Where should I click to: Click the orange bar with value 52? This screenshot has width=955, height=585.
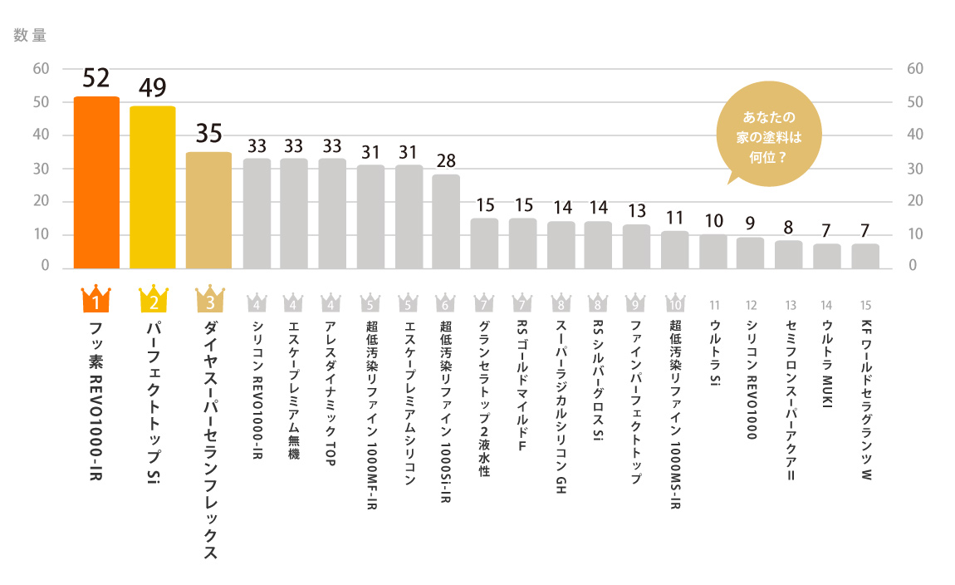(96, 182)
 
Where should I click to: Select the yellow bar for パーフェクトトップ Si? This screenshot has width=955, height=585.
(153, 187)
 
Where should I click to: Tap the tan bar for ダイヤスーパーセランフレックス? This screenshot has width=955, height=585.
(208, 210)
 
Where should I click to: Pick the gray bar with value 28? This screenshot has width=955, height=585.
(446, 221)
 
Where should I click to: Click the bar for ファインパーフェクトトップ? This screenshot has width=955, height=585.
(636, 246)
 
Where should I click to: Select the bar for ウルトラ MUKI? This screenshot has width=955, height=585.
(826, 256)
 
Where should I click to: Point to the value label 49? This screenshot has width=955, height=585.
(153, 87)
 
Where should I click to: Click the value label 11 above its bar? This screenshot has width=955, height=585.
(674, 218)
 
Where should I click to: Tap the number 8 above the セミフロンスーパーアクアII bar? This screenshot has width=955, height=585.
(788, 227)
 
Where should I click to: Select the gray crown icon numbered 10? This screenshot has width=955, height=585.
(674, 302)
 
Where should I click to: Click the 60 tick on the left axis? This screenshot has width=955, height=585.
(41, 69)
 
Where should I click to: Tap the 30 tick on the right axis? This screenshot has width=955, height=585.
(915, 169)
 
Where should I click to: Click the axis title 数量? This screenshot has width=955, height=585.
(30, 36)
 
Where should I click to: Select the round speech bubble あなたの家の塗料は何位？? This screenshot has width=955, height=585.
(762, 135)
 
